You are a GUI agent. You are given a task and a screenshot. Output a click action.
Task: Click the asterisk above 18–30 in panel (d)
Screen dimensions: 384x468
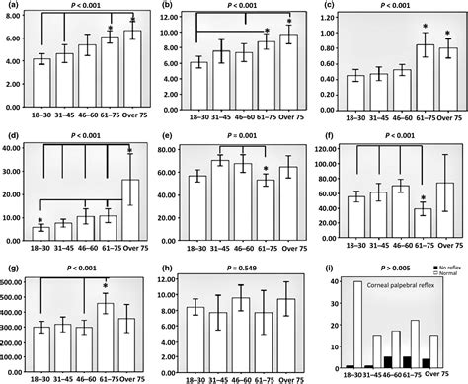pyautogui.click(x=41, y=220)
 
